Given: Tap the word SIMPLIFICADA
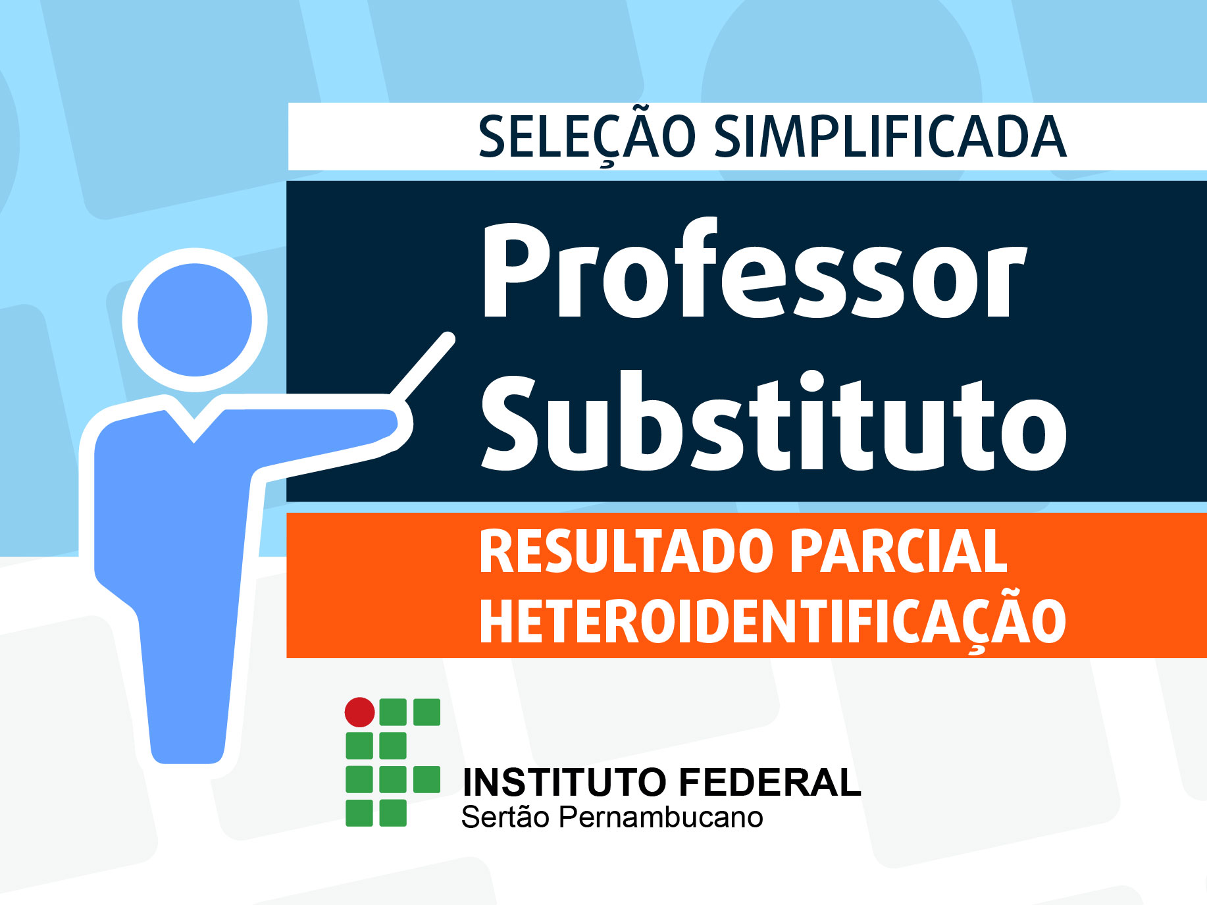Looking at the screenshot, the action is tap(890, 137).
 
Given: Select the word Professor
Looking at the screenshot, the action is tap(754, 270).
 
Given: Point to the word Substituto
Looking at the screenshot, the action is tap(774, 421).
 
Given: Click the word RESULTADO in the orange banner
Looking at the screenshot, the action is tap(626, 552).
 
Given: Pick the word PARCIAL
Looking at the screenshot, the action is tap(899, 552).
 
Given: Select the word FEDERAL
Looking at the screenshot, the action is tap(769, 783).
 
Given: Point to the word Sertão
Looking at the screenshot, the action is tap(505, 817).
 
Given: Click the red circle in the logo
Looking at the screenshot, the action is tap(360, 712).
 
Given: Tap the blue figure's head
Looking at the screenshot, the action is tap(195, 320).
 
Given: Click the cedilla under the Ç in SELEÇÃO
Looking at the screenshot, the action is tap(608, 163).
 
